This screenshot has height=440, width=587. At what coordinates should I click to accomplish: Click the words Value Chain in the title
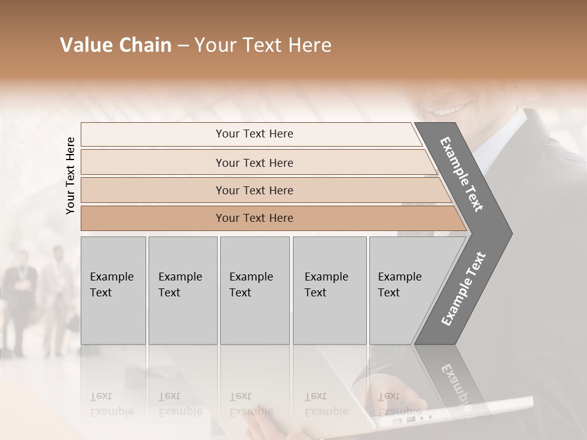(x=116, y=45)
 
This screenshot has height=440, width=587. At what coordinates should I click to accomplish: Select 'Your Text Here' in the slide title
(x=263, y=45)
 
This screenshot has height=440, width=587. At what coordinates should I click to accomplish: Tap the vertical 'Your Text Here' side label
(x=70, y=176)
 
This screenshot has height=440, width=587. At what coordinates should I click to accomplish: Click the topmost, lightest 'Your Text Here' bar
(x=254, y=134)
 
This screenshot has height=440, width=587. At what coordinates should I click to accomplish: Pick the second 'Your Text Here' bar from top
(x=254, y=163)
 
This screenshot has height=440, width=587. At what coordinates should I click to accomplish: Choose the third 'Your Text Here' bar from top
(x=254, y=191)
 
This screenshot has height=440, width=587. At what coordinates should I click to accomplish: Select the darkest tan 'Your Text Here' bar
(x=254, y=218)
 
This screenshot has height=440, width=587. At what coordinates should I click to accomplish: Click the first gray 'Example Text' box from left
(x=113, y=290)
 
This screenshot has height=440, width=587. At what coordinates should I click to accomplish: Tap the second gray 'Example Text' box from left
(x=182, y=290)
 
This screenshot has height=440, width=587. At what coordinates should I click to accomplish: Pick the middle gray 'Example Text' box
(x=254, y=290)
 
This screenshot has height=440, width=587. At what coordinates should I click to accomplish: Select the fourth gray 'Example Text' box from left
(x=329, y=290)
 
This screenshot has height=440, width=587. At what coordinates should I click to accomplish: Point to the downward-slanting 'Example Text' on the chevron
(x=462, y=174)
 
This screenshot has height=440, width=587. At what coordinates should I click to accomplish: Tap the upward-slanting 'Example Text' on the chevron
(x=463, y=289)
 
